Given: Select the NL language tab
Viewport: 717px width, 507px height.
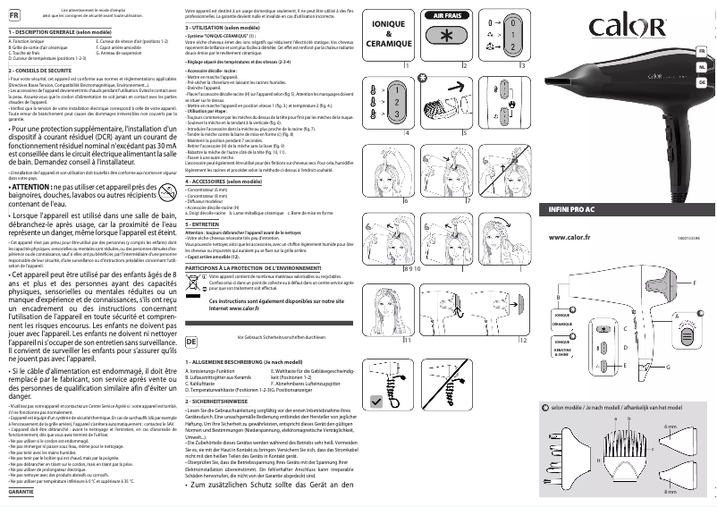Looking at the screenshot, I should pyautogui.click(x=703, y=67).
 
